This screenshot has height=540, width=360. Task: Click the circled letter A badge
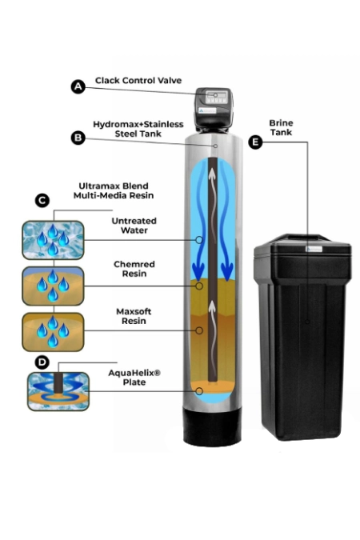[78, 86]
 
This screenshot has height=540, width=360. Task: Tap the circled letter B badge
[78, 138]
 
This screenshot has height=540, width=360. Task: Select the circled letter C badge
[42, 201]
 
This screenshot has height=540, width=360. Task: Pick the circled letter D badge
[42, 362]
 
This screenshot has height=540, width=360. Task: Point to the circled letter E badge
[255, 142]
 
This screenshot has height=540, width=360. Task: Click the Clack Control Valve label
[138, 81]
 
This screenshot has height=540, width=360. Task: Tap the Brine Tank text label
[281, 127]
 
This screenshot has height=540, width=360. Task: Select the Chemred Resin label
[134, 269]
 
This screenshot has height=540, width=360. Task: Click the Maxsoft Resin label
[134, 316]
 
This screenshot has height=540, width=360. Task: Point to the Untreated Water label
[134, 226]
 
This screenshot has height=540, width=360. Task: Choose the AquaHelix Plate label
[134, 378]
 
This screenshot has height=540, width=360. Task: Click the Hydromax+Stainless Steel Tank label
[138, 129]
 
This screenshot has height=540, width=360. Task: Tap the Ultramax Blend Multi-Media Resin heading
[114, 190]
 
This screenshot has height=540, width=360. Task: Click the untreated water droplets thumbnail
[53, 240]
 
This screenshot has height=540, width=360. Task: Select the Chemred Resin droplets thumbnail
[53, 286]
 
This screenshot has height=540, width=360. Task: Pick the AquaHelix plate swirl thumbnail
[58, 391]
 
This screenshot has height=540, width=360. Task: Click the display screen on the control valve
[217, 94]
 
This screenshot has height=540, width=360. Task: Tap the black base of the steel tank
[213, 426]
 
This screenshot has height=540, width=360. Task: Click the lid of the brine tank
[302, 246]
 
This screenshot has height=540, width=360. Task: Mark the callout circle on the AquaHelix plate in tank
[199, 391]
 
